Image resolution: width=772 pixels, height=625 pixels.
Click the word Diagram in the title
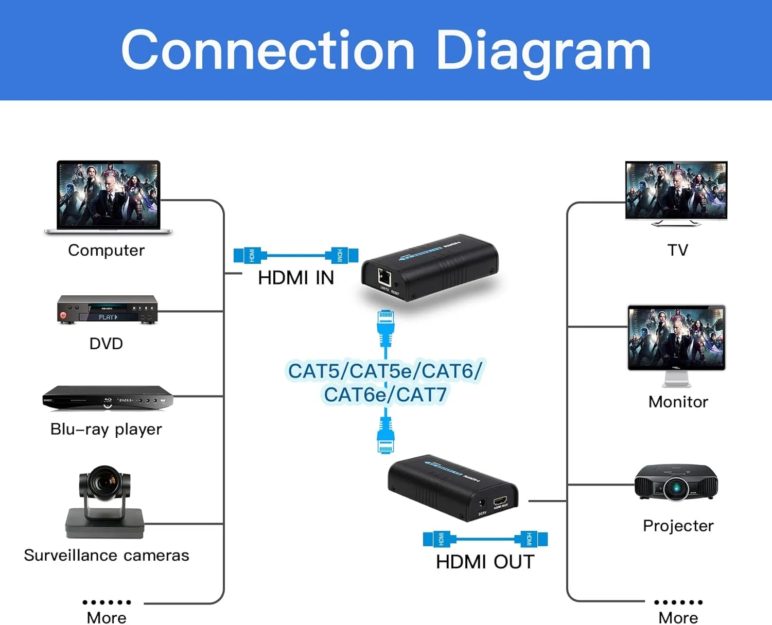(543, 50)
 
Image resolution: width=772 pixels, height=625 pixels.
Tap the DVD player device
(107, 310)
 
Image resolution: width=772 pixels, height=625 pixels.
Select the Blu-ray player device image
(107, 398)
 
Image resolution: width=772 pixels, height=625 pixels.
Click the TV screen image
(676, 190)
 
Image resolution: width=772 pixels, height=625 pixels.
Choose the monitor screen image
(676, 337)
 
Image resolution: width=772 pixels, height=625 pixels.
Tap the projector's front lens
(675, 487)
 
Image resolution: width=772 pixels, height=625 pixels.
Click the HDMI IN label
(296, 278)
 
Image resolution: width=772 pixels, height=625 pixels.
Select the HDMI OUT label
(485, 562)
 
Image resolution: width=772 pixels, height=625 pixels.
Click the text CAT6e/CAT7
(385, 395)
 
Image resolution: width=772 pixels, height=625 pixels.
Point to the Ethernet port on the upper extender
(384, 277)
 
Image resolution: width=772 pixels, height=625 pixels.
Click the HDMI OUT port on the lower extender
(500, 501)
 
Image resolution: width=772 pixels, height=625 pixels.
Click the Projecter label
(678, 526)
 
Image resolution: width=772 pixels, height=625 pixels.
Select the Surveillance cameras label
(107, 556)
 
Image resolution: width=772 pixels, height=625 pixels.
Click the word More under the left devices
(107, 617)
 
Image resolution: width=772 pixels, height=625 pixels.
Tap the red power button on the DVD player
(63, 315)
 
